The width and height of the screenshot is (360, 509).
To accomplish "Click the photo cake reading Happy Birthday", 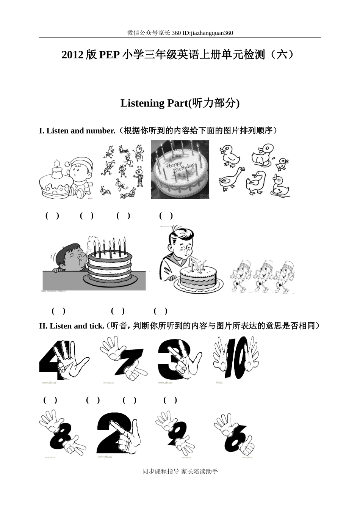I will coord(180,170).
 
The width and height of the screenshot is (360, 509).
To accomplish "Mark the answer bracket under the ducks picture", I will coord(166,216).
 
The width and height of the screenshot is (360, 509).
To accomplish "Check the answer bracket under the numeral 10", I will coord(170,400).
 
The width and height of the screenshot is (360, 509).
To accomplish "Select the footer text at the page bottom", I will coord(180,471).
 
